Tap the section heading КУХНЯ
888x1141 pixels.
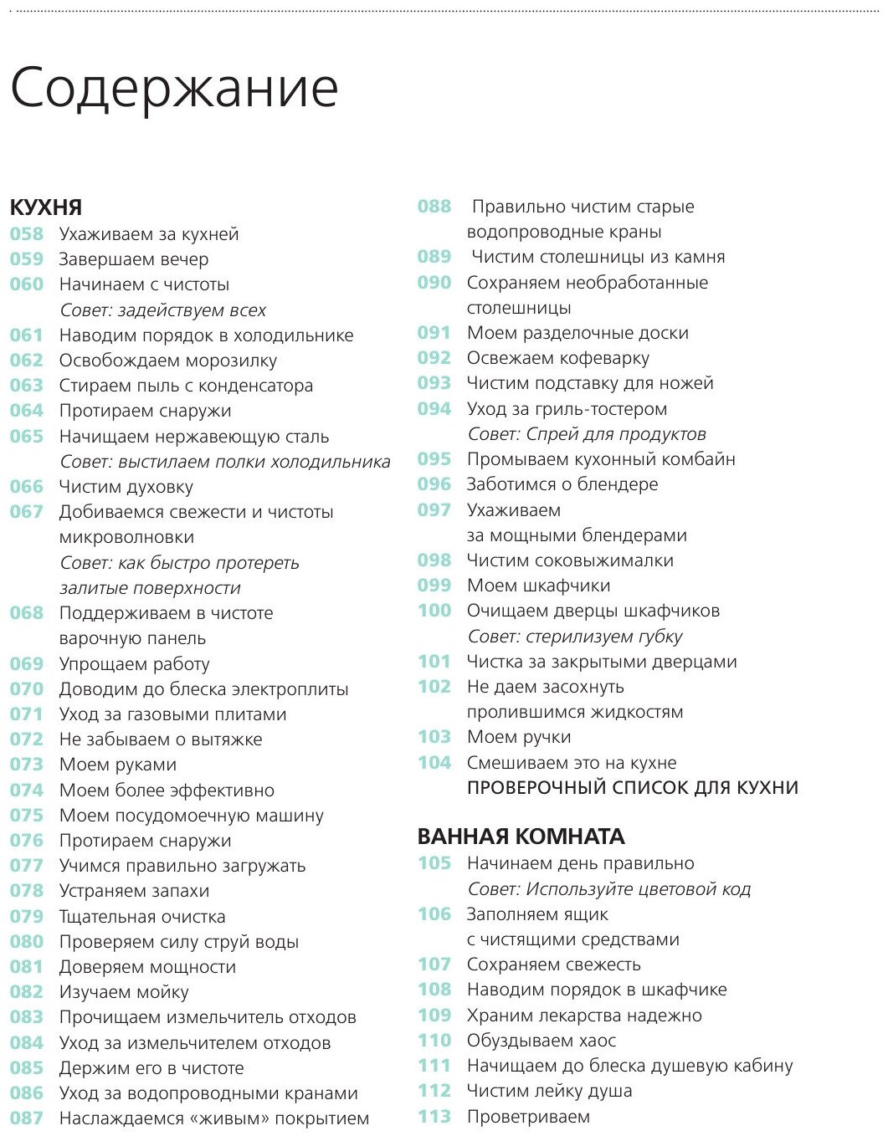46,207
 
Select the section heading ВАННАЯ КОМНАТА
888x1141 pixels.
521,837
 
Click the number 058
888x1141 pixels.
27,234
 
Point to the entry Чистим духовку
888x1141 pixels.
126,487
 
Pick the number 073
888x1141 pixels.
27,765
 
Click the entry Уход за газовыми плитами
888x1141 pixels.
172,714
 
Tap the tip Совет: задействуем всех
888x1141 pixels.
162,310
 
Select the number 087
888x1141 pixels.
27,1118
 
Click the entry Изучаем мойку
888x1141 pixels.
124,992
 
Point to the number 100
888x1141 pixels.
434,611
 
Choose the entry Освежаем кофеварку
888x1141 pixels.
557,358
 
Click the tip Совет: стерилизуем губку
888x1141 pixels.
574,637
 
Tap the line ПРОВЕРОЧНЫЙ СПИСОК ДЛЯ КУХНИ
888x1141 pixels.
632,788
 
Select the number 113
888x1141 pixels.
434,1117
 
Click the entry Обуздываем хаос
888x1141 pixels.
541,1041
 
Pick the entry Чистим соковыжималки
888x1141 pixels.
570,560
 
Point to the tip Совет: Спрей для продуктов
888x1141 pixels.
586,434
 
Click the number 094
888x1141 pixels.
434,409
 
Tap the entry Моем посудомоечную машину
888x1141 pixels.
191,816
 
